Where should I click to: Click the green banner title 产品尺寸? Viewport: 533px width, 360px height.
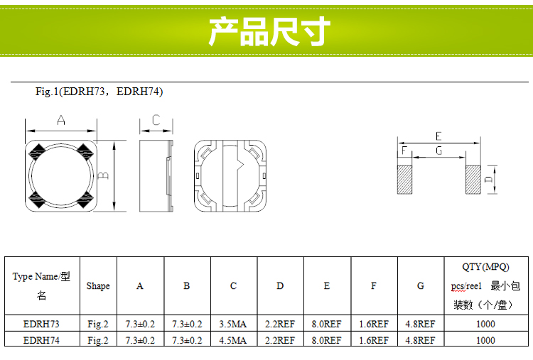click(x=269, y=32)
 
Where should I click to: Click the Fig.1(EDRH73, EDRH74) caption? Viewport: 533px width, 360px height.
click(x=99, y=92)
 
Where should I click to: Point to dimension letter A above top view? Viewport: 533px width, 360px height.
click(x=61, y=121)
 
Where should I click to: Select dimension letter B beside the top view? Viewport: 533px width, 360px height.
click(x=104, y=175)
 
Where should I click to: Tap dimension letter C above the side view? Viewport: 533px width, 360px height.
click(x=156, y=121)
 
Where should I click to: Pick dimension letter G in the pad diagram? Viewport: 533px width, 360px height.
click(x=438, y=151)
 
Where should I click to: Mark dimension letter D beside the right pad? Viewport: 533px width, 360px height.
click(x=489, y=180)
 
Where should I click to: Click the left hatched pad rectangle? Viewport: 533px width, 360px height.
click(x=404, y=180)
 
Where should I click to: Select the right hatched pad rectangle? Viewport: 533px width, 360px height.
click(x=474, y=180)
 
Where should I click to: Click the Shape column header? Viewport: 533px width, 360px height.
click(x=98, y=285)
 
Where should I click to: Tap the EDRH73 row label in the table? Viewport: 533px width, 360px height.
click(x=41, y=324)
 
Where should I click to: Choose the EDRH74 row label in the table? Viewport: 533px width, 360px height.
click(x=41, y=340)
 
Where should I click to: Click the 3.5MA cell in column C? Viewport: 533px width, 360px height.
click(x=233, y=324)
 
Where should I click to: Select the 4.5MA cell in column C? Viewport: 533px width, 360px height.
click(x=233, y=340)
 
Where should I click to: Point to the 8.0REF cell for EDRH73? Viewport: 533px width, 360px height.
click(x=326, y=324)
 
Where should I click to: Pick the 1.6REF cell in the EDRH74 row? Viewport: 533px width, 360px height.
click(x=373, y=340)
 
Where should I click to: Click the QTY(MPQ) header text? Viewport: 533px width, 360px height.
click(x=486, y=267)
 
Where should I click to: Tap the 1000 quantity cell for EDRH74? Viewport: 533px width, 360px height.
click(x=486, y=340)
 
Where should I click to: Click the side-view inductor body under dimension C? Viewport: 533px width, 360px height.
click(x=154, y=175)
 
